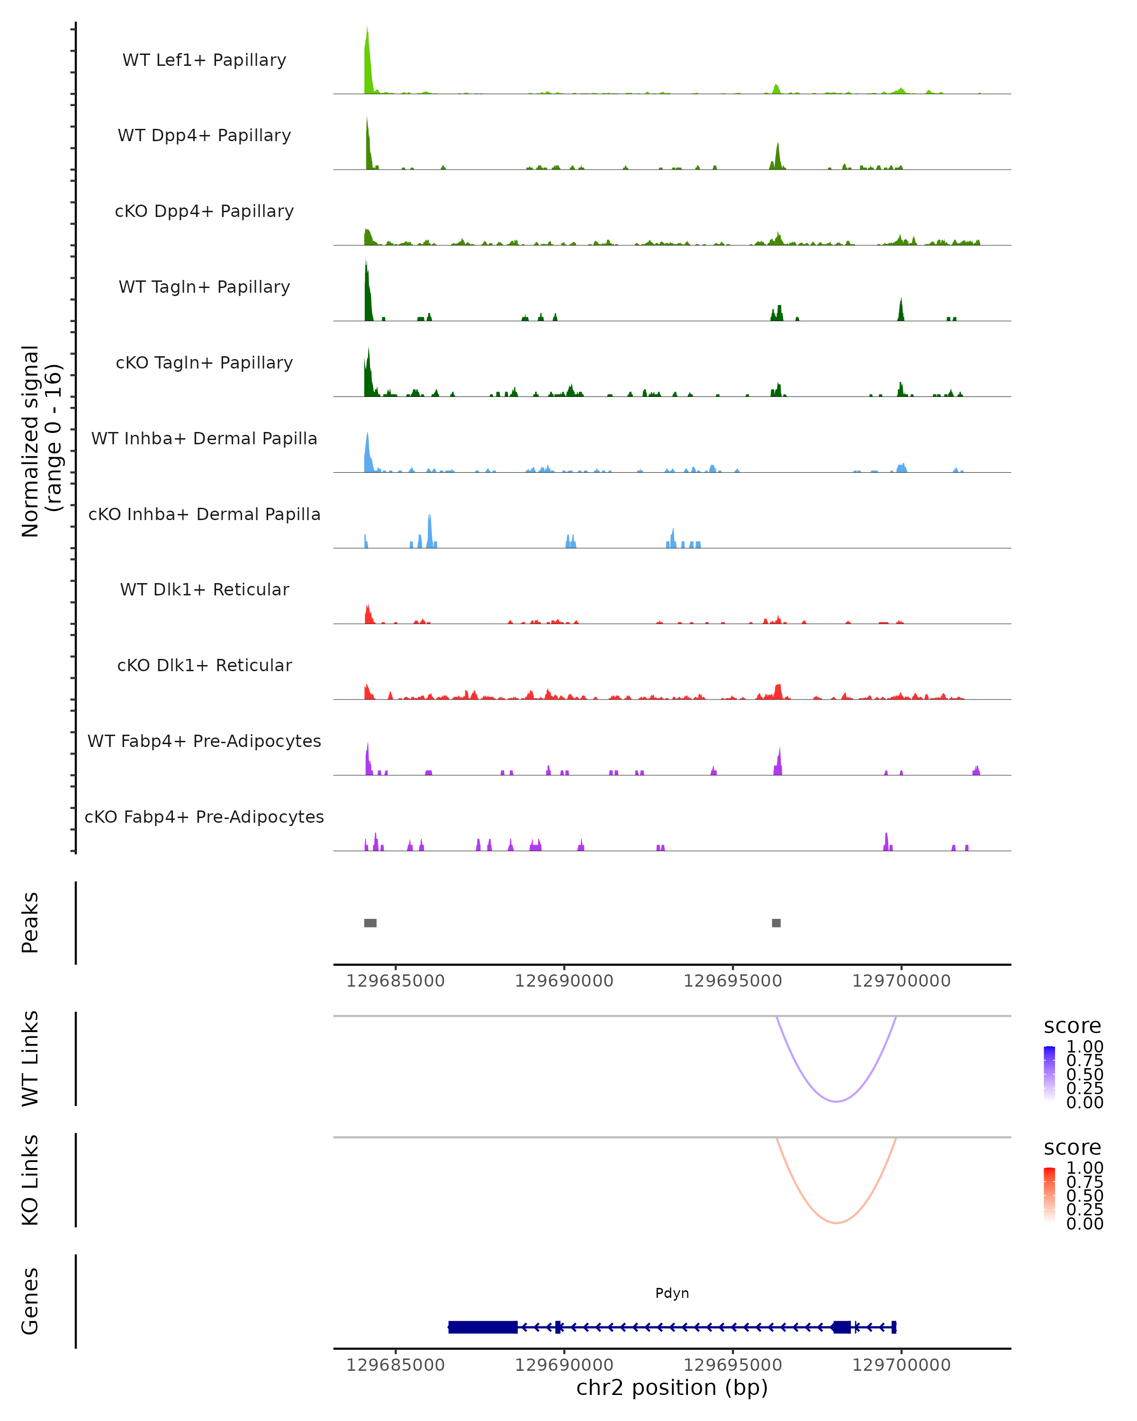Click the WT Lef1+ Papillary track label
pos(204,60)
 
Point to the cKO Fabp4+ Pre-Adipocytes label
pos(204,817)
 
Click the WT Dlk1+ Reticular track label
pos(204,589)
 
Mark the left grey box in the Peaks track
pos(370,923)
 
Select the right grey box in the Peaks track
pos(776,923)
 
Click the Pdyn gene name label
pos(672,1293)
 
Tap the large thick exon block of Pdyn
pos(482,1327)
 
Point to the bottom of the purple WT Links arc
pos(836,1101)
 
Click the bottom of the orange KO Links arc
pos(836,1223)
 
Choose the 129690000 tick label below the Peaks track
pos(564,981)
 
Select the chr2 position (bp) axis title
pos(672,1387)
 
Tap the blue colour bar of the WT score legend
pos(1049,1074)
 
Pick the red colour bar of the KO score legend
pos(1049,1195)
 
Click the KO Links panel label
pos(30,1180)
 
